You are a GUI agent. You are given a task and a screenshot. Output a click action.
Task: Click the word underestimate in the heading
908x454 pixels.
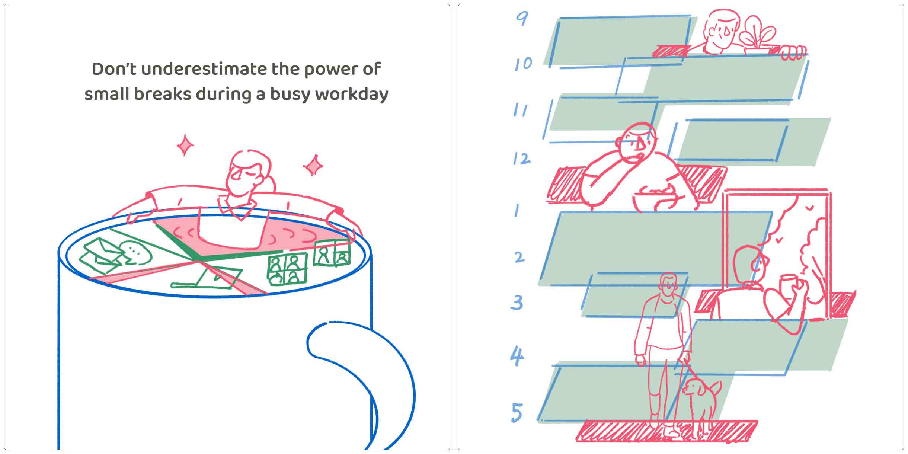pyautogui.click(x=204, y=69)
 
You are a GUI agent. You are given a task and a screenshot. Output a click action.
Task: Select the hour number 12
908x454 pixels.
pyautogui.click(x=522, y=159)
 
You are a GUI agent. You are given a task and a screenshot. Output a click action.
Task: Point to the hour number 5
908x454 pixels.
pyautogui.click(x=517, y=413)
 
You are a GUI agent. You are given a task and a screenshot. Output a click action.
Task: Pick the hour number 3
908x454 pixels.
pyautogui.click(x=517, y=303)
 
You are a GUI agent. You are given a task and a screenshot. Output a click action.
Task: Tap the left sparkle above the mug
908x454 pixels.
pyautogui.click(x=185, y=145)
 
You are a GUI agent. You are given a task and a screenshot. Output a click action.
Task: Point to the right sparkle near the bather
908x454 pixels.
pyautogui.click(x=313, y=165)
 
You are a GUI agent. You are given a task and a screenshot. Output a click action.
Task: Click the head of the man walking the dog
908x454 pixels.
pyautogui.click(x=669, y=285)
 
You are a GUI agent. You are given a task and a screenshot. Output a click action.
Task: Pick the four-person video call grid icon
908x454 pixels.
pyautogui.click(x=287, y=269)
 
